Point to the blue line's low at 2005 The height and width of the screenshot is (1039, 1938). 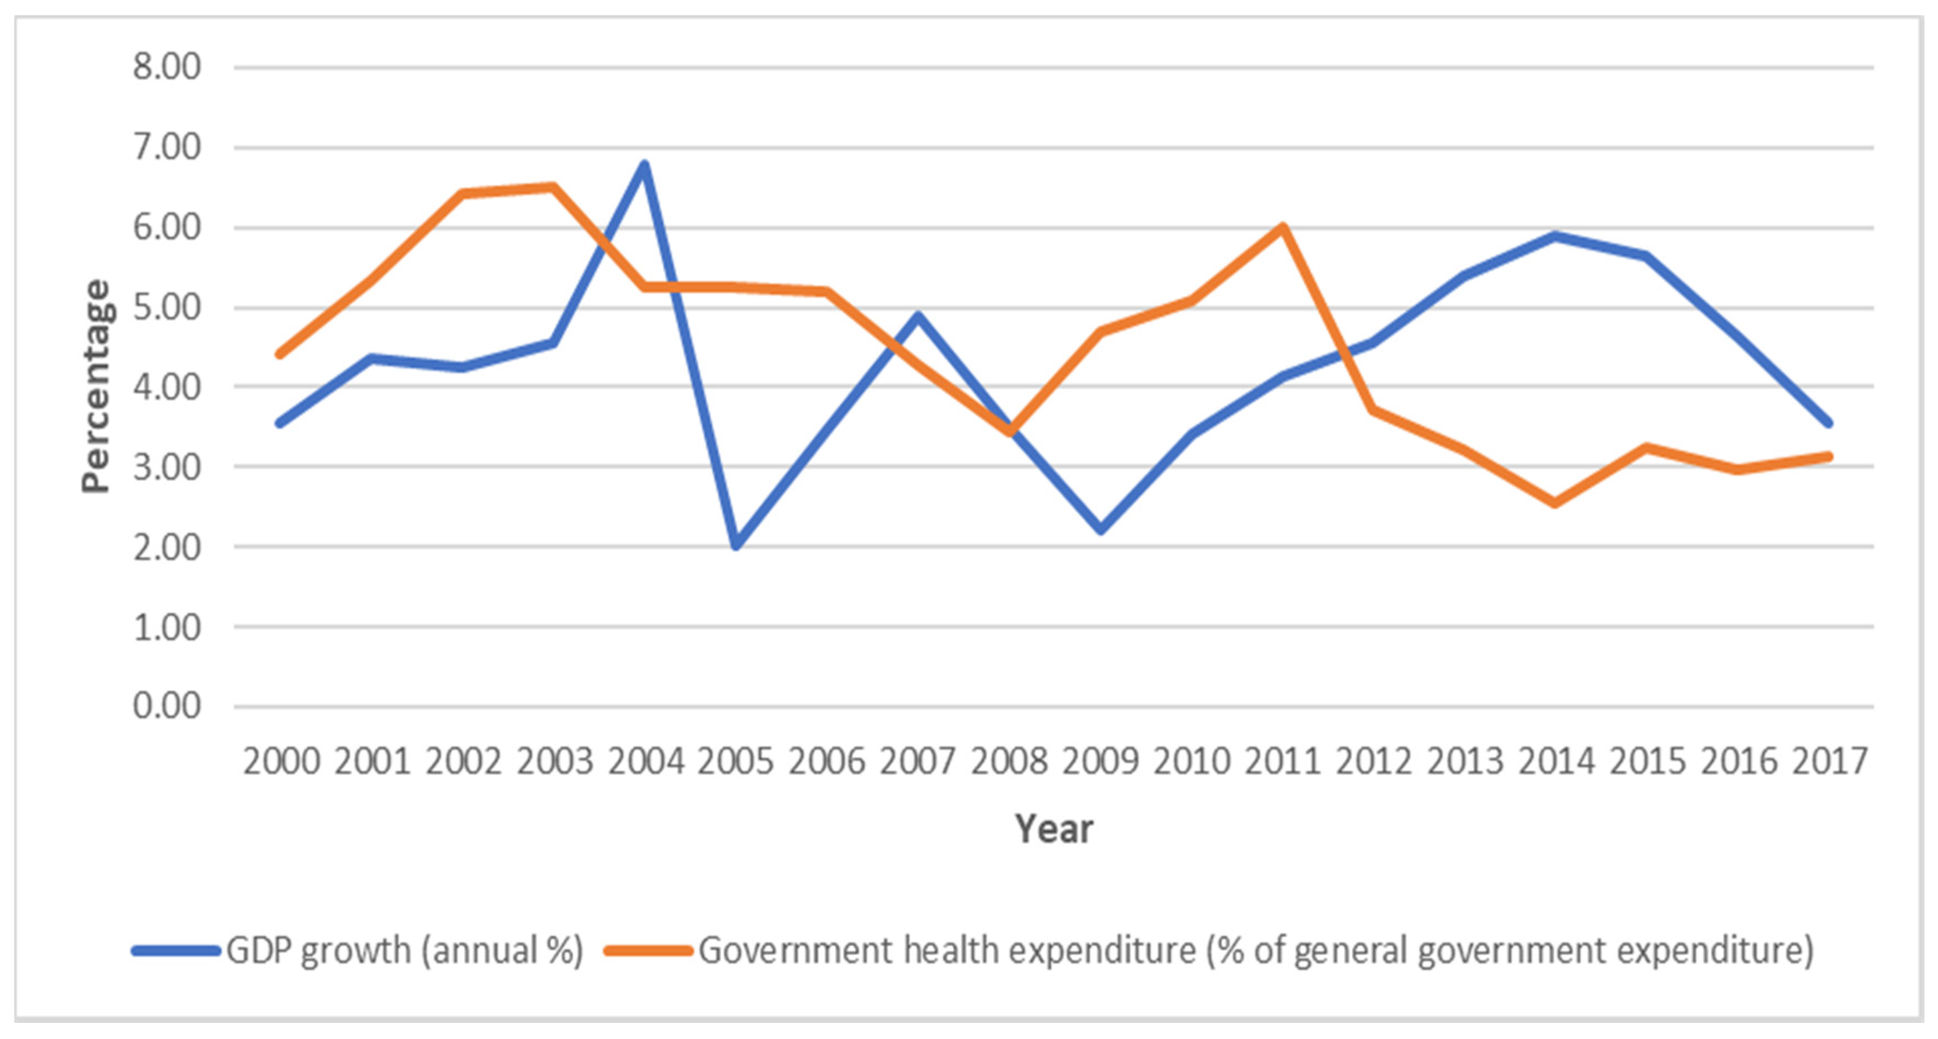pos(736,545)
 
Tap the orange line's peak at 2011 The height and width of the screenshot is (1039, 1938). pos(1284,227)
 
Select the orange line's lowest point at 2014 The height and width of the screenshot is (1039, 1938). pos(1555,503)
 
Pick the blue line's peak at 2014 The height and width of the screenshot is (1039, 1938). pos(1555,235)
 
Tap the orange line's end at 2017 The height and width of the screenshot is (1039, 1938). pos(1829,456)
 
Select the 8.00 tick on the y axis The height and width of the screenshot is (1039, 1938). pos(167,67)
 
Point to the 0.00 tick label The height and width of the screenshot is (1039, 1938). pos(167,706)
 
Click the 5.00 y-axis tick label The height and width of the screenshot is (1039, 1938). pos(167,307)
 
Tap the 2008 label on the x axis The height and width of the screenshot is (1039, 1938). pos(1009,761)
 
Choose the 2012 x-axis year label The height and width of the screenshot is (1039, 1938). pos(1374,761)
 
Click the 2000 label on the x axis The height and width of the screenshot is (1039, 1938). pos(282,761)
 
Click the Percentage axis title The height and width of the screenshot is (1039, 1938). pos(96,386)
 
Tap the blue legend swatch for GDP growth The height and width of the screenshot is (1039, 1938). pos(176,951)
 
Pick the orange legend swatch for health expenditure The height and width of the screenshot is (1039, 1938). pos(648,951)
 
